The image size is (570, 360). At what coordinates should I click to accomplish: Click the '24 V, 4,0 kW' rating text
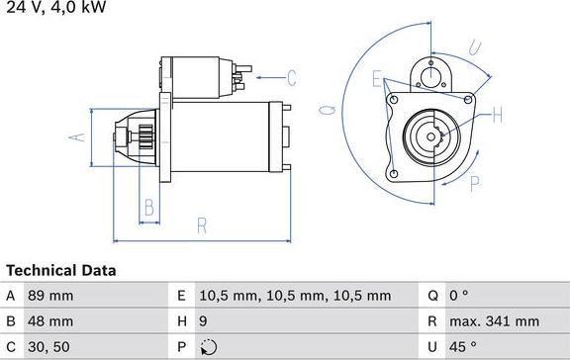point(54,8)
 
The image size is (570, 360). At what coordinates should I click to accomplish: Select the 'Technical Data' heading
point(61,270)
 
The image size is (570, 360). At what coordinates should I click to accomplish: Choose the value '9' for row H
point(204,321)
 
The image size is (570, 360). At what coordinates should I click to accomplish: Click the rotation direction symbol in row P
point(207,347)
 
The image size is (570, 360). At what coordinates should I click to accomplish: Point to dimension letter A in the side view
point(72,136)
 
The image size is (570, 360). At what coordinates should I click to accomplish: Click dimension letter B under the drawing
point(148,208)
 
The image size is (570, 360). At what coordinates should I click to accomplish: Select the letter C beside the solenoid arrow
point(292,76)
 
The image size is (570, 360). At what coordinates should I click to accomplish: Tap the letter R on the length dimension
point(202,226)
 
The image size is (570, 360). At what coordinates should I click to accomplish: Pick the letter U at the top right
point(475,47)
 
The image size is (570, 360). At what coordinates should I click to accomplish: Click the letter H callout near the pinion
point(497,115)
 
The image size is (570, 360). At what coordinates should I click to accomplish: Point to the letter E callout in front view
point(376,77)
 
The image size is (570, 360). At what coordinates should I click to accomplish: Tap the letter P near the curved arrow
point(475,182)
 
